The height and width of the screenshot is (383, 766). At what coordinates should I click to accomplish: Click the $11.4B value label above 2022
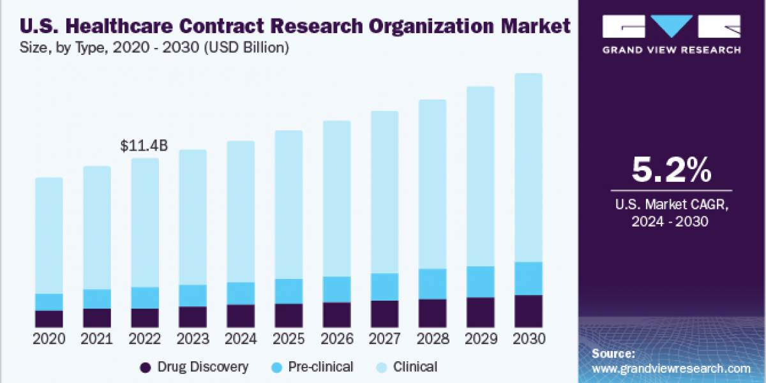point(144,146)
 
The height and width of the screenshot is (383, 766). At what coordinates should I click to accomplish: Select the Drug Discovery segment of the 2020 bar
point(49,319)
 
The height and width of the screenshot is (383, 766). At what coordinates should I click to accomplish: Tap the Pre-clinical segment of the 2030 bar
point(528,278)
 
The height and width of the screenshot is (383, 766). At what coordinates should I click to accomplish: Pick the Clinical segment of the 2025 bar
point(289,204)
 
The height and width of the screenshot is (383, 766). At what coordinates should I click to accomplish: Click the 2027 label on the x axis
point(384,339)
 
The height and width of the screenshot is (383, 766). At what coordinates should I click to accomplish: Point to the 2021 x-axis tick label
point(97,339)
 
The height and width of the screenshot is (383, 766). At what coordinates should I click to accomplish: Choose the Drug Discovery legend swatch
point(146,367)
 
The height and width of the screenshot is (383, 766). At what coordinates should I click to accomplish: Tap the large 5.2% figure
point(671,170)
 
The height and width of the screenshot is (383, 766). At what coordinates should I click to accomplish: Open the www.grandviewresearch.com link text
point(671,368)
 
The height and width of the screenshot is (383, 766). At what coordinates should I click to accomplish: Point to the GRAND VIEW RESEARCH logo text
point(671,50)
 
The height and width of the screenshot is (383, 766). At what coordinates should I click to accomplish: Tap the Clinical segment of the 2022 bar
point(145,222)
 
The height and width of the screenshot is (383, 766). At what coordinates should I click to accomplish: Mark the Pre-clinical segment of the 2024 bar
point(241,293)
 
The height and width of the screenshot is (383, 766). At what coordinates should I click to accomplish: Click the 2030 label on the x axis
point(528,339)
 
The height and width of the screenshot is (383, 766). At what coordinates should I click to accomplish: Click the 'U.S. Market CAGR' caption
point(671,206)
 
